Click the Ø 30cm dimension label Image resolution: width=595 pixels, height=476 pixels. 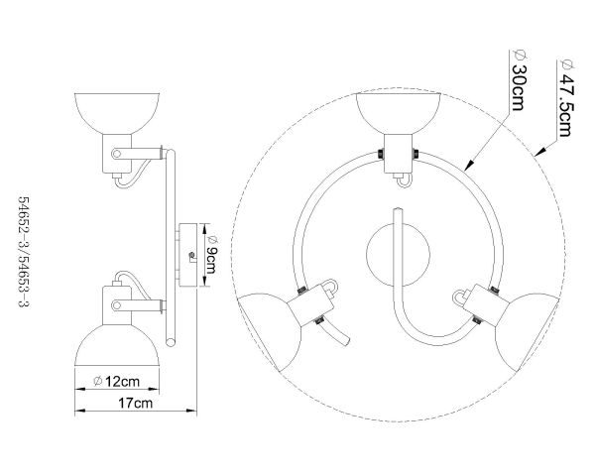519,80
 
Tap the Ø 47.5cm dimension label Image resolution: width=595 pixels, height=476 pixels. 566,98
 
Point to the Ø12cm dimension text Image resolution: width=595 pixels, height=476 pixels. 116,381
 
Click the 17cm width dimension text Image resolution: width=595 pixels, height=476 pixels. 136,403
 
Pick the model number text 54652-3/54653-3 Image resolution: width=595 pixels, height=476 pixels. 24,252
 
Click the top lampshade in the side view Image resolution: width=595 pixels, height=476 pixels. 117,113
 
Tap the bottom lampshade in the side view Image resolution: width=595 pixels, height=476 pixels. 117,345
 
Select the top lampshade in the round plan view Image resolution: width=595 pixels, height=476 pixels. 398,113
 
